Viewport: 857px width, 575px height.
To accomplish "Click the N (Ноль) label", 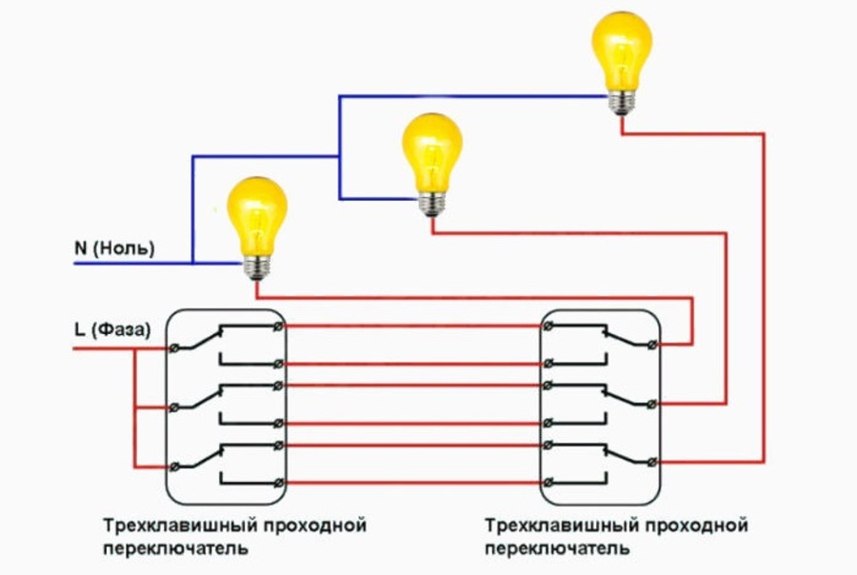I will click(x=114, y=249).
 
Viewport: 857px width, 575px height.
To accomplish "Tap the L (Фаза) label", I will click(x=111, y=331).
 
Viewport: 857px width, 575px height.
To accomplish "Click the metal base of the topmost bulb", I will click(x=622, y=100).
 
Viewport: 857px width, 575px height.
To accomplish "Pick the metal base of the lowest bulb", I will click(x=257, y=268).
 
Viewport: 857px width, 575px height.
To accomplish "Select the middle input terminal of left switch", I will click(x=174, y=408).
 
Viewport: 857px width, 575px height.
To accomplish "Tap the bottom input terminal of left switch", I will click(x=174, y=466).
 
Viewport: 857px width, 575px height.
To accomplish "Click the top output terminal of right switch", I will click(x=652, y=344).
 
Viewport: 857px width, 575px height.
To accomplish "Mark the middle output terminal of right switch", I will click(x=652, y=404).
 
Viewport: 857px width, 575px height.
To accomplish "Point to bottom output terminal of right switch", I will click(x=652, y=462).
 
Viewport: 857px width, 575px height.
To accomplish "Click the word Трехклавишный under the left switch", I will click(x=162, y=525).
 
